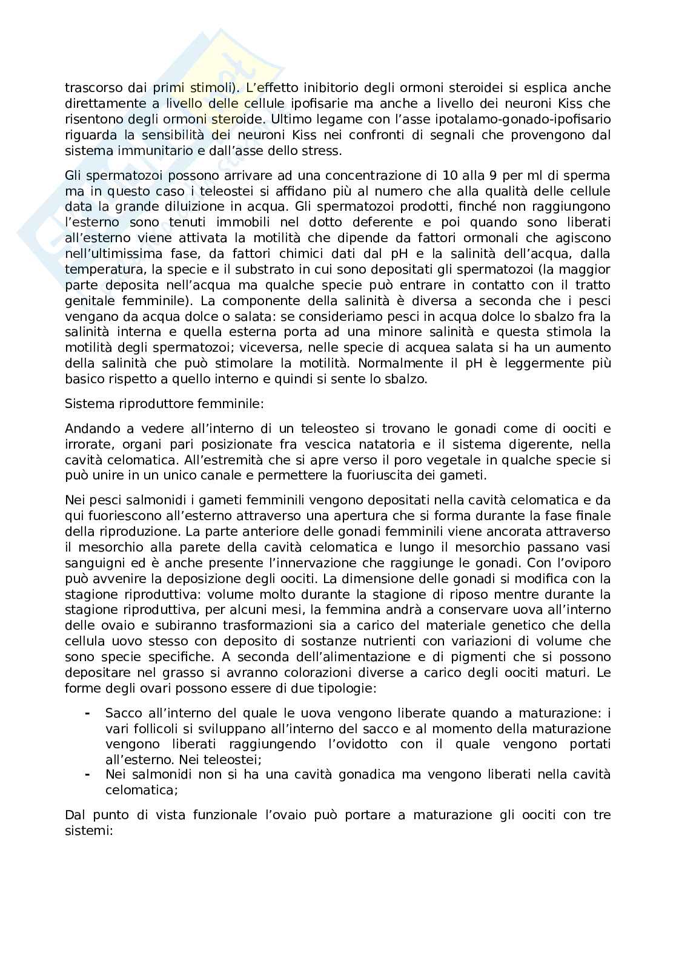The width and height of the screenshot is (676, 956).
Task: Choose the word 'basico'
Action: [83, 380]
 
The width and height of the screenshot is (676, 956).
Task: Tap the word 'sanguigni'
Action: [91, 562]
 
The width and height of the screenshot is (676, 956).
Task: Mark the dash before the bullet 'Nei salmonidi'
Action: [88, 774]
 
